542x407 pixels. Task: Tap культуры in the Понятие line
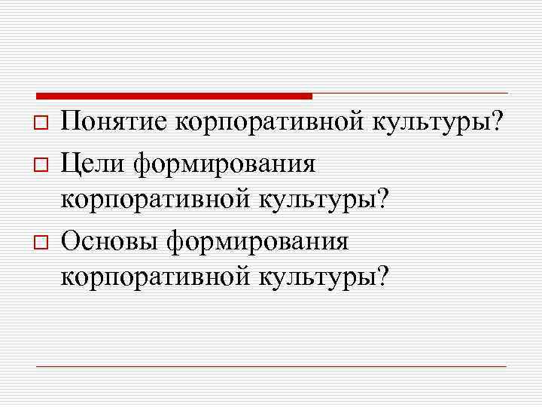click(x=428, y=121)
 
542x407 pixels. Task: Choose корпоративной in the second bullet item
click(x=157, y=200)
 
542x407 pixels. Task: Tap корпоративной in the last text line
click(x=157, y=280)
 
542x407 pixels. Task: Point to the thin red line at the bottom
click(x=271, y=366)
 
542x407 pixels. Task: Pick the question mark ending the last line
click(x=385, y=279)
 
